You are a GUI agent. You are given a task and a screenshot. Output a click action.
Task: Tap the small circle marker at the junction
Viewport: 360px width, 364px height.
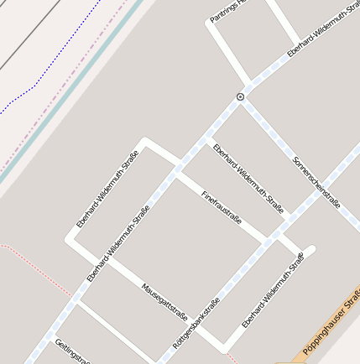click(241, 97)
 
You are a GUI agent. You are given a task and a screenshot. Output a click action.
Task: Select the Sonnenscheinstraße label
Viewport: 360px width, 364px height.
click(316, 183)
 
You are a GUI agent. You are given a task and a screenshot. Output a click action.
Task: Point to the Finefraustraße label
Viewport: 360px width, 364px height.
click(222, 207)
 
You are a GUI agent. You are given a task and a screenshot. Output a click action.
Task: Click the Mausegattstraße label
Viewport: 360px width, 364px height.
click(164, 302)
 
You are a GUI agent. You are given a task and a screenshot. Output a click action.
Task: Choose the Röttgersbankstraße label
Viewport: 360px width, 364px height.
click(196, 323)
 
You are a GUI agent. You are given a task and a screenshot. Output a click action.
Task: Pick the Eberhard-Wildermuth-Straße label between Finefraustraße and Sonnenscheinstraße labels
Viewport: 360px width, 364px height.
click(248, 179)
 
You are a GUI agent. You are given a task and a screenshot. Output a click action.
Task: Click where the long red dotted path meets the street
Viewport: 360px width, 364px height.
click(73, 296)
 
